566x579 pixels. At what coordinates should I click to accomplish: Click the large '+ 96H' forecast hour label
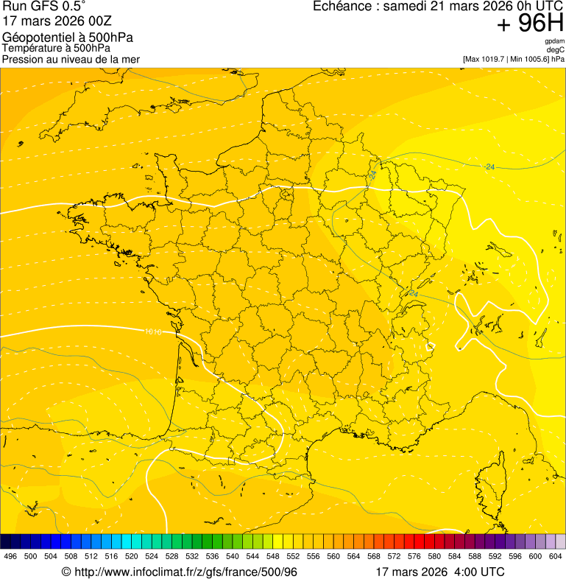tap(530, 24)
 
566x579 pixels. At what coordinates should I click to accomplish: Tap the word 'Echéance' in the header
tap(342, 7)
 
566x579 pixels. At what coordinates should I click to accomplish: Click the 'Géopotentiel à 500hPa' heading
tap(57, 38)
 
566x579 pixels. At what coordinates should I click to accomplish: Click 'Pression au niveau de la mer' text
tap(71, 59)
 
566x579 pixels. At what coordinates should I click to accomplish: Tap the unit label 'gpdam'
tap(554, 41)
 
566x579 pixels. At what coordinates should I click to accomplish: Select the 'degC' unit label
tap(556, 50)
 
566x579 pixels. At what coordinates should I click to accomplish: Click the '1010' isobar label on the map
tap(153, 331)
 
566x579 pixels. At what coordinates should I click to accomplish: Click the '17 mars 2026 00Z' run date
tap(57, 21)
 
